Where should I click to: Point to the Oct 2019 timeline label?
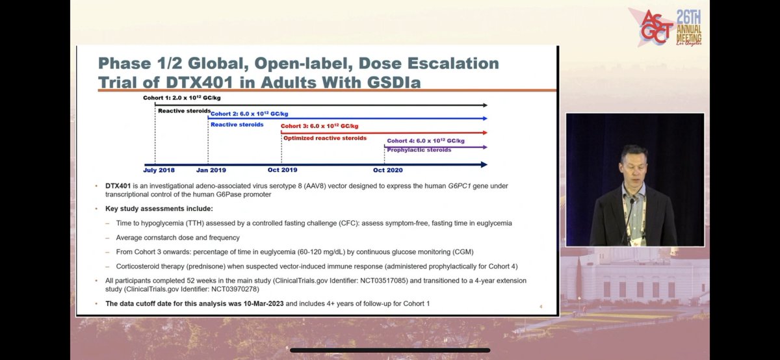click(x=281, y=170)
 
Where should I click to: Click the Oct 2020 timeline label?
click(x=387, y=170)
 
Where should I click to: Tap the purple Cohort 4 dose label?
click(x=426, y=140)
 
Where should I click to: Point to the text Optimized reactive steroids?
click(x=325, y=138)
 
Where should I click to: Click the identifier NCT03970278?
click(x=249, y=290)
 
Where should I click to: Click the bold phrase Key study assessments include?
click(x=159, y=209)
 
